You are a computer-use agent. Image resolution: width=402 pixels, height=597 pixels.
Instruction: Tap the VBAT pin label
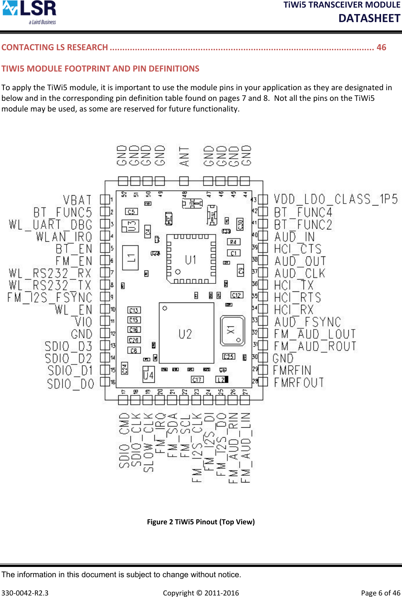point(77,200)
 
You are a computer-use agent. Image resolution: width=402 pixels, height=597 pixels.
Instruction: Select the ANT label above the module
point(184,156)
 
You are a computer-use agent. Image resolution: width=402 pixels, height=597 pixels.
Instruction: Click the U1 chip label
point(191,260)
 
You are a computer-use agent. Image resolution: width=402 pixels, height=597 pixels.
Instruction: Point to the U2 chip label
point(185,334)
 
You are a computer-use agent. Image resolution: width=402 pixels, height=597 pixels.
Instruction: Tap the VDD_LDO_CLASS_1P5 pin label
point(336,199)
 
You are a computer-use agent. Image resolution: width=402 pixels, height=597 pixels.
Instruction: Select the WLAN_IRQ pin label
point(64,237)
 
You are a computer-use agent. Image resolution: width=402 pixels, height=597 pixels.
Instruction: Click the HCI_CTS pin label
point(298,249)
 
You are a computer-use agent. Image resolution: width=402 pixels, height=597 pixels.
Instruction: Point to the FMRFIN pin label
point(292,370)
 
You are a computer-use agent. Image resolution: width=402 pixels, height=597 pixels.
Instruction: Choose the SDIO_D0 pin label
point(70,384)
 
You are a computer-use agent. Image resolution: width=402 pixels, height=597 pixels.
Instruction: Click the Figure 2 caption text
point(201,522)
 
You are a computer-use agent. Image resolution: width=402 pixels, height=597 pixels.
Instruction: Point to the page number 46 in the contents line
point(381,47)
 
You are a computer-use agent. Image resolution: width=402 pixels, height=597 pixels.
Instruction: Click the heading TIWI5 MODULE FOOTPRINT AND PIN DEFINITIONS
point(100,68)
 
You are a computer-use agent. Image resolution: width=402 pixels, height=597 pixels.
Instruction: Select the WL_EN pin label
point(74,309)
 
